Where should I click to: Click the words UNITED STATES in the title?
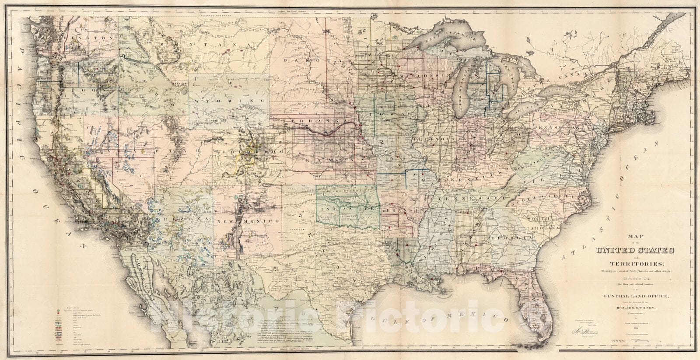click(x=634, y=251)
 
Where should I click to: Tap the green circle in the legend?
click(x=57, y=310)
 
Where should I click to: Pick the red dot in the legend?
click(x=57, y=313)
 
